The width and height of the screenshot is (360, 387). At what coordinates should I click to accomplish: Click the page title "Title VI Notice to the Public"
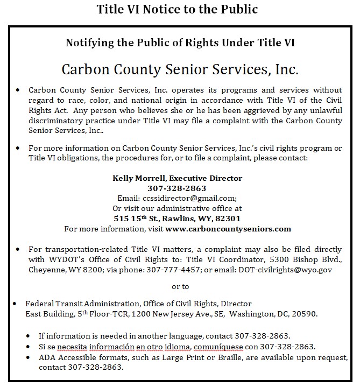tap(177, 10)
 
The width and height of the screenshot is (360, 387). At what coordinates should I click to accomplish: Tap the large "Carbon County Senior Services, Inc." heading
tap(180, 70)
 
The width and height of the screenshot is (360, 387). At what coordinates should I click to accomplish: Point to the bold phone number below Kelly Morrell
tap(177, 188)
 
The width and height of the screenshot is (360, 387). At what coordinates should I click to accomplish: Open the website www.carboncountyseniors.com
tap(228, 228)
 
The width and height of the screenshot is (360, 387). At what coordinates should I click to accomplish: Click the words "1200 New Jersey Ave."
tap(153, 314)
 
